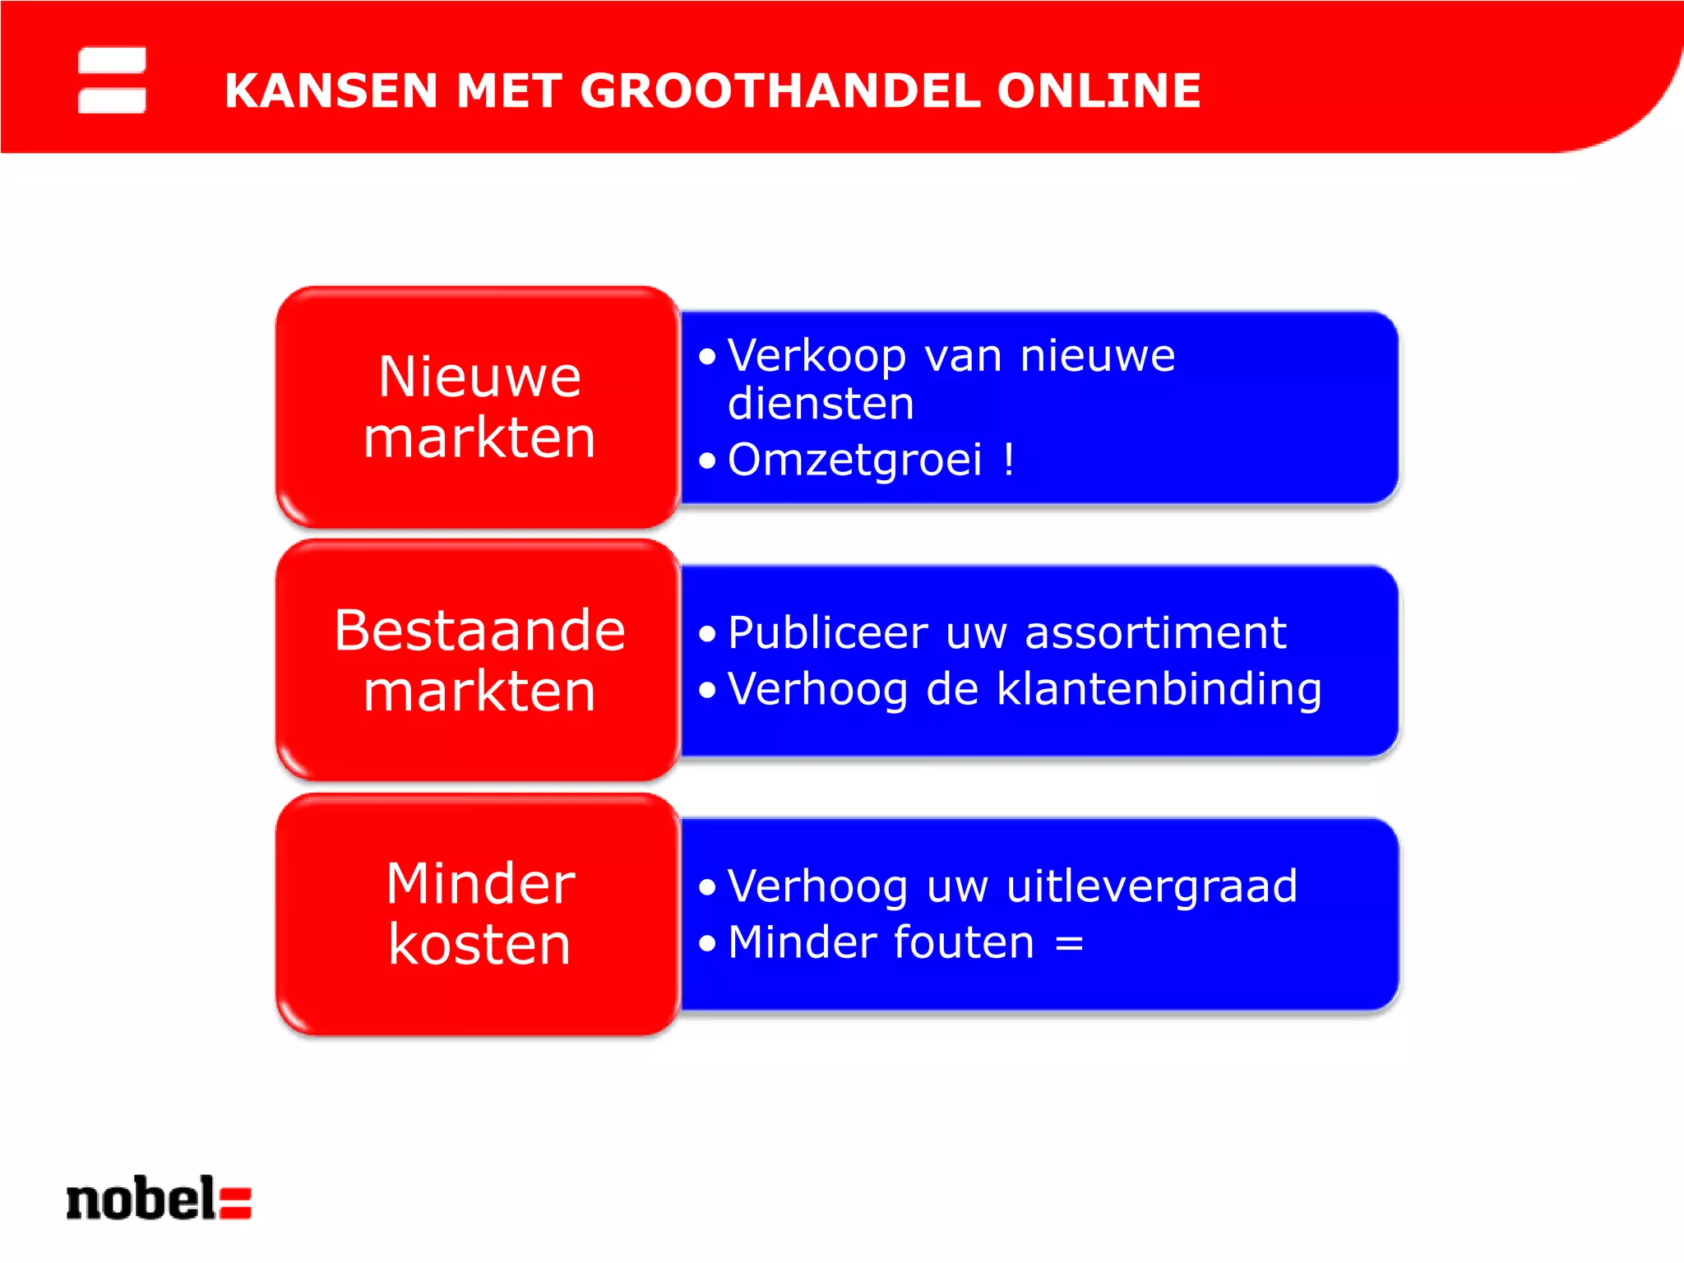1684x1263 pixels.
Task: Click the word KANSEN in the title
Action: [x=331, y=90]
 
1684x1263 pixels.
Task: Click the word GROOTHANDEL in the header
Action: [x=780, y=90]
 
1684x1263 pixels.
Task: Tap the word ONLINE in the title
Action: [x=1099, y=90]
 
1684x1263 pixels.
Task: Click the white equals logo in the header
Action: [x=112, y=80]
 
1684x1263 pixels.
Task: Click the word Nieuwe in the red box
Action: [x=479, y=377]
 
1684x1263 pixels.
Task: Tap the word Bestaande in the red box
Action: [x=479, y=631]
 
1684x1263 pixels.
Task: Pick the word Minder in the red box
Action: [x=480, y=885]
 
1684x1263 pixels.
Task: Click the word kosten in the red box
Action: [x=479, y=945]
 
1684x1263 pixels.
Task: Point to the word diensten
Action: [x=821, y=404]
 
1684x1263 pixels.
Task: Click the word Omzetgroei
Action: [x=854, y=460]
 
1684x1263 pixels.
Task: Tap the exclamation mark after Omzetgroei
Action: [x=1009, y=460]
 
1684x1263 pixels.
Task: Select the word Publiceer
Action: [x=827, y=634]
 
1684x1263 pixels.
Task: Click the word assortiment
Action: [x=1155, y=633]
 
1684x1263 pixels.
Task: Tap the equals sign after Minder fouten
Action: [x=1069, y=944]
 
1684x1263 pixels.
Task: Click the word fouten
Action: [x=963, y=942]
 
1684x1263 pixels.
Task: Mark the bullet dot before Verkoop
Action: [x=707, y=357]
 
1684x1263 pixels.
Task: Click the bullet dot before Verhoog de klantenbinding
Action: [x=707, y=689]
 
